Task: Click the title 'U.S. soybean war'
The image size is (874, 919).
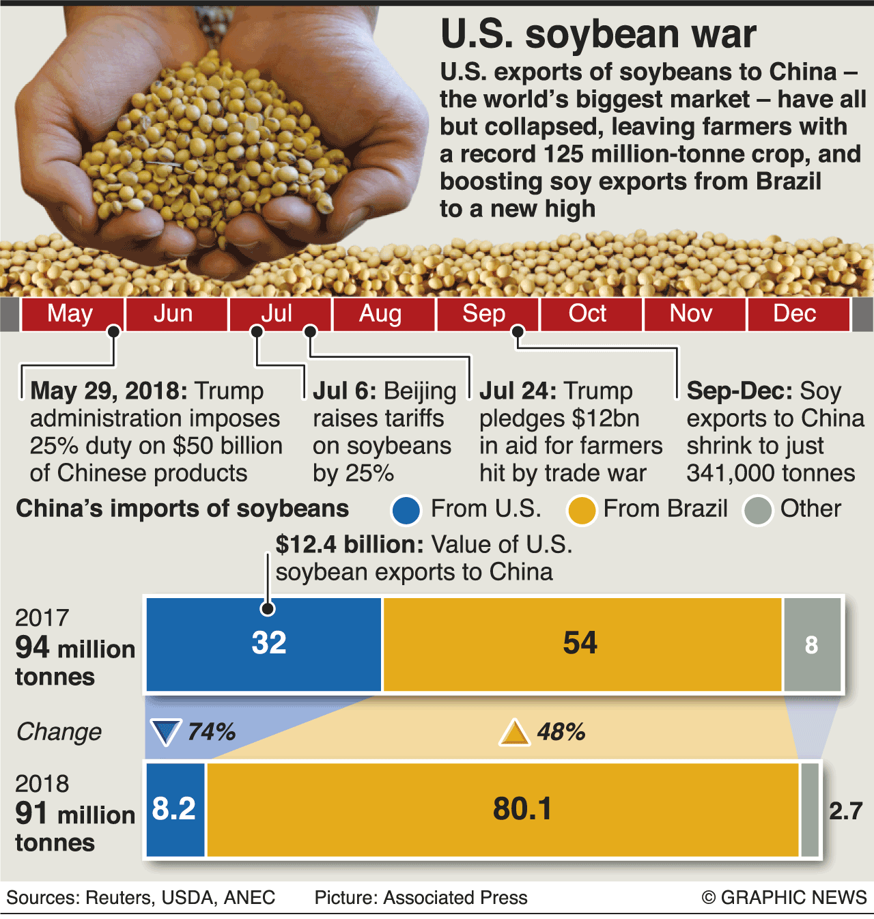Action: point(598,34)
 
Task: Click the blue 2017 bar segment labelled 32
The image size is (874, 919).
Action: point(264,644)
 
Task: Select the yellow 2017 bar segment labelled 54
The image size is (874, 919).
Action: point(582,644)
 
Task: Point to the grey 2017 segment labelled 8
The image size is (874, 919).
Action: point(811,644)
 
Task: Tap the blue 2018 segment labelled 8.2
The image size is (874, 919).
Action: point(175,809)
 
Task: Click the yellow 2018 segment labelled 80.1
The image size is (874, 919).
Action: point(503,809)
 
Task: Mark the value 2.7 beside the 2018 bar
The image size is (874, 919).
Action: point(846,811)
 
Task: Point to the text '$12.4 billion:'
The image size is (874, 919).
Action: point(350,545)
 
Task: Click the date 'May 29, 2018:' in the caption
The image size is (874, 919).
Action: point(109,391)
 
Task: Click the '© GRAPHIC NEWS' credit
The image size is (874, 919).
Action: point(784,897)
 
